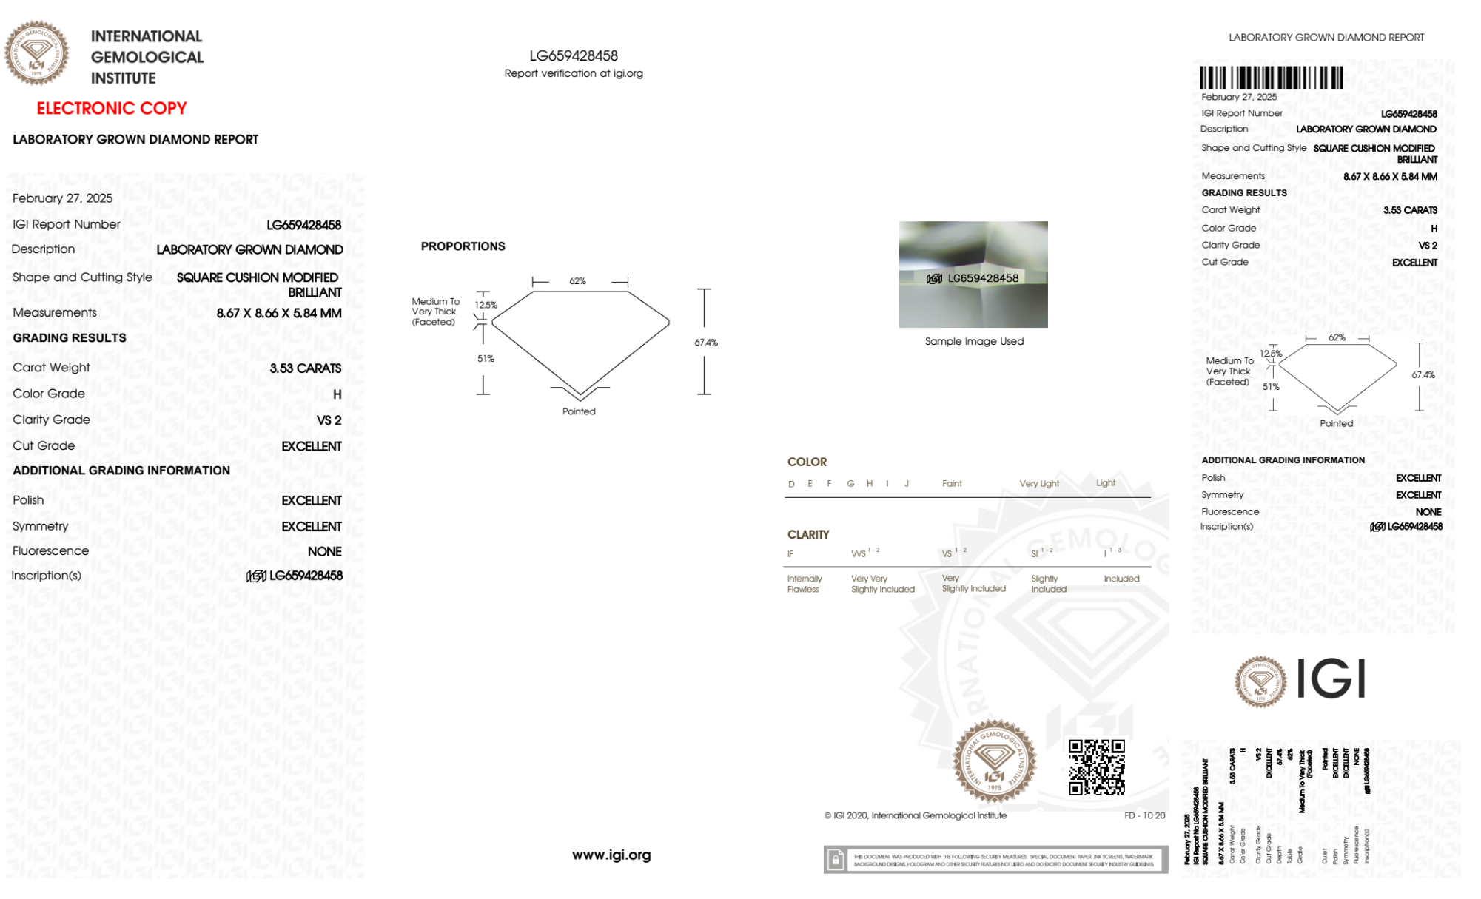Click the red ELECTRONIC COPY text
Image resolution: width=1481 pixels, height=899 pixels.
click(x=112, y=108)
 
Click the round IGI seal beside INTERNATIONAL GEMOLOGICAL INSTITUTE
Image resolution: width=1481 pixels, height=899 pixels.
click(x=36, y=53)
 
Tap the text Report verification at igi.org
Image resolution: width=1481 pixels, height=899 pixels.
click(x=574, y=73)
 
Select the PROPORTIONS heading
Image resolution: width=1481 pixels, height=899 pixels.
click(x=463, y=246)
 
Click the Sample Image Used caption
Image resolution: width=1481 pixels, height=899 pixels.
click(x=974, y=341)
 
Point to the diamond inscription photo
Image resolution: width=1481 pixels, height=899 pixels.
click(x=973, y=275)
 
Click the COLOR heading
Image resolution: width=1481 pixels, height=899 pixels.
click(x=807, y=462)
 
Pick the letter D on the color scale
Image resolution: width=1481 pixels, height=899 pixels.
click(x=791, y=484)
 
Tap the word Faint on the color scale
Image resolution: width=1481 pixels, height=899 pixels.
click(x=952, y=484)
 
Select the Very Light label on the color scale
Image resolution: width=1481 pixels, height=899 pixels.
click(x=1039, y=484)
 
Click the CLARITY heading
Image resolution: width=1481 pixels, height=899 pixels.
click(x=808, y=534)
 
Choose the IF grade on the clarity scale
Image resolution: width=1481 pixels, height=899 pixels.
click(x=790, y=554)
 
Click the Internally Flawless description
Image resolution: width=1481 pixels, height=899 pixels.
click(x=804, y=584)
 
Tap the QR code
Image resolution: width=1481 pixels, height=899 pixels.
click(x=1096, y=767)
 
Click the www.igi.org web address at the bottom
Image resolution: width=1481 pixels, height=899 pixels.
click(x=611, y=855)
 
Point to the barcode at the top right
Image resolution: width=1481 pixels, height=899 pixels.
click(x=1271, y=78)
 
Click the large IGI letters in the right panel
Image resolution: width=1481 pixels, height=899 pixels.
click(x=1331, y=679)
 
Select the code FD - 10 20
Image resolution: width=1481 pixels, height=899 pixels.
click(x=1144, y=815)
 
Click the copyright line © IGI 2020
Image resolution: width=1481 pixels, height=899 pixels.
click(x=916, y=815)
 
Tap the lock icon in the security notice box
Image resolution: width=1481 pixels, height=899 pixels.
click(x=836, y=860)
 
